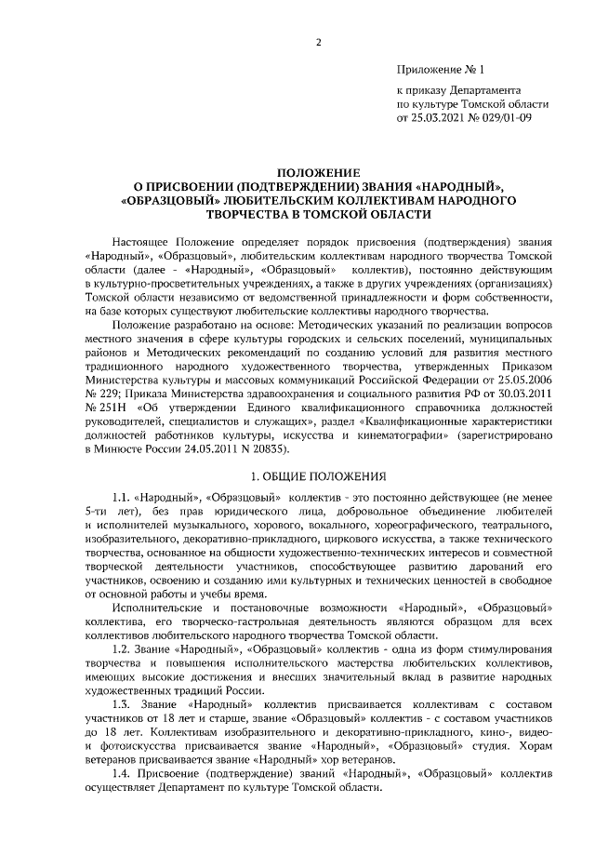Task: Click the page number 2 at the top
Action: click(x=318, y=43)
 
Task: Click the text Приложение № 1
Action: click(x=441, y=70)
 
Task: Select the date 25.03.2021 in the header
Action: click(x=437, y=117)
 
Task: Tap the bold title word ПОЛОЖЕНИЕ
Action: click(x=318, y=172)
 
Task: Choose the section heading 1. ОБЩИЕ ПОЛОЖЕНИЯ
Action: click(x=318, y=474)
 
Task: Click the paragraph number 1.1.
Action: click(x=121, y=499)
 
